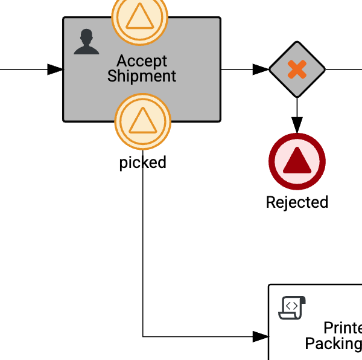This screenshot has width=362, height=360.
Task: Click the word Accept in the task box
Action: [x=142, y=61]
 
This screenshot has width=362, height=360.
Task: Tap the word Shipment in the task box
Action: [x=142, y=76]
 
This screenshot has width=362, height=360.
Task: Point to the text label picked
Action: [x=142, y=162]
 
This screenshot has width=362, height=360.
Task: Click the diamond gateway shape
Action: [x=297, y=69]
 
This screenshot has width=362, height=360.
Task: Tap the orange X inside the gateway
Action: [x=297, y=69]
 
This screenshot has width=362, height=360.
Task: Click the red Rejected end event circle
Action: [x=297, y=162]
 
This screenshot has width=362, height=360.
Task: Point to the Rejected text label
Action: [x=297, y=202]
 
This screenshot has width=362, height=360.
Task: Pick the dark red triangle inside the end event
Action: [x=297, y=161]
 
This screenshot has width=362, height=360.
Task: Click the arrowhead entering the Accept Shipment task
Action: [x=56, y=69]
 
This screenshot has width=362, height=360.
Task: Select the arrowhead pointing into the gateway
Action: [x=261, y=69]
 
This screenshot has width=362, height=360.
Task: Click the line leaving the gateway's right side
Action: [x=344, y=69]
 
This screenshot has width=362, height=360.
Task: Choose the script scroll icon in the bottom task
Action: [x=292, y=307]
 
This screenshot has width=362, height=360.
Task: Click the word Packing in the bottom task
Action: [x=333, y=344]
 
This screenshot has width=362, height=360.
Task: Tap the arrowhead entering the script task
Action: [x=261, y=336]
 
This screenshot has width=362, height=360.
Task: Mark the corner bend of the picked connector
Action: [x=143, y=336]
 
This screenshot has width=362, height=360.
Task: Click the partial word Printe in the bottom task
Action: [x=342, y=328]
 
